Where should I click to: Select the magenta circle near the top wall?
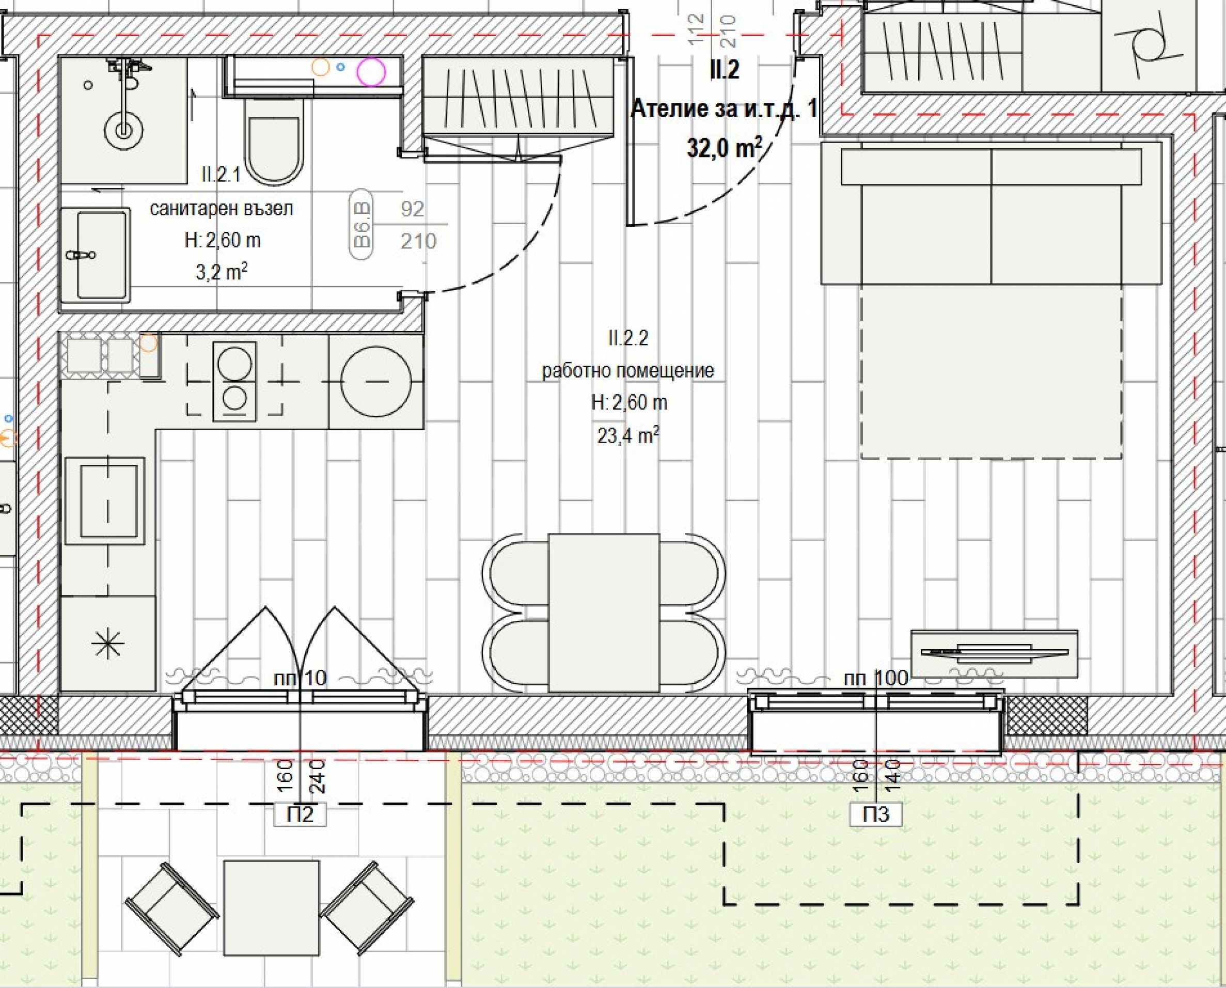coord(371,72)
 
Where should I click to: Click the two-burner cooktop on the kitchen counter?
coord(234,381)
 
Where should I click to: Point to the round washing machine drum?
coord(375,381)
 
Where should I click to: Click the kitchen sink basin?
coord(108,501)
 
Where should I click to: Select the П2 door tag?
coord(301,814)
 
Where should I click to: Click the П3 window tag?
coord(876,814)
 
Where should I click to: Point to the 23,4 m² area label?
coord(628,435)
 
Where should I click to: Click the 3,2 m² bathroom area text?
coord(222,272)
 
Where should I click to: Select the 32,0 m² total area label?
coord(725,148)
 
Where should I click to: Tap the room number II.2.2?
coord(628,338)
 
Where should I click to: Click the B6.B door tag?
coord(362,224)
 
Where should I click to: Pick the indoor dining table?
coord(604,613)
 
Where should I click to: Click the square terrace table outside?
coord(271,908)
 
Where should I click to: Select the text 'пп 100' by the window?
coord(876,678)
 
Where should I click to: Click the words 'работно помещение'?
coord(628,370)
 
